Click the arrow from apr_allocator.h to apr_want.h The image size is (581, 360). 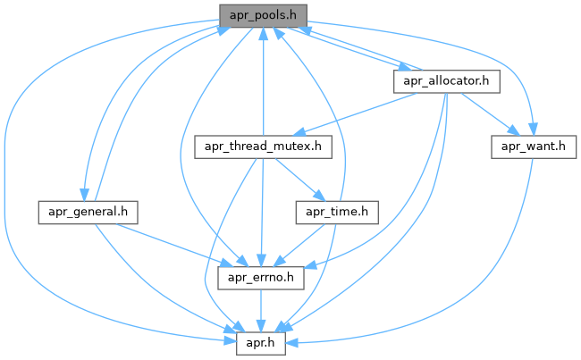pos(486,113)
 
